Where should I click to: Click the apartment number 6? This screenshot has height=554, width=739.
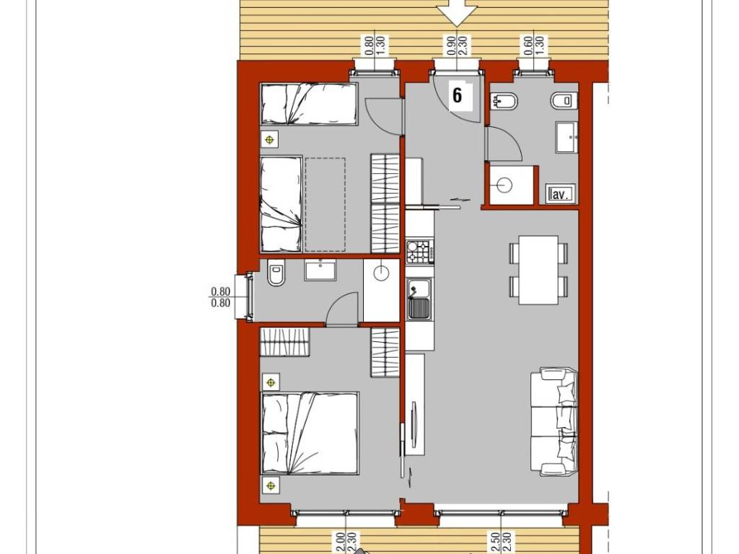(x=458, y=94)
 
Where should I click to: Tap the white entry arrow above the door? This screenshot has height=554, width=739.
(x=458, y=12)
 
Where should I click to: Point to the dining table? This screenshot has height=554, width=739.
(x=538, y=270)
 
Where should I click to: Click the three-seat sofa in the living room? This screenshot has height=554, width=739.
(x=555, y=421)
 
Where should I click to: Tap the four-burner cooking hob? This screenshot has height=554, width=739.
(x=419, y=252)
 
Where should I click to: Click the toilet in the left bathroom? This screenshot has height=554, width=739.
(x=276, y=275)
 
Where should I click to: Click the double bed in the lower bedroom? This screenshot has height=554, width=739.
(x=310, y=433)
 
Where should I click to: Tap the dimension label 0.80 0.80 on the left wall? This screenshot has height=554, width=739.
(x=220, y=297)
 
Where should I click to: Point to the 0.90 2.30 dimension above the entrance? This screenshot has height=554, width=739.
(x=457, y=46)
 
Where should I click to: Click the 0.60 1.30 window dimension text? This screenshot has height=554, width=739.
(x=534, y=46)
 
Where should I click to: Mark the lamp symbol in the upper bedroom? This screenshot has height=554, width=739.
(x=270, y=139)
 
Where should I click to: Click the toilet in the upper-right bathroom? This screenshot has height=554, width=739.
(x=564, y=100)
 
